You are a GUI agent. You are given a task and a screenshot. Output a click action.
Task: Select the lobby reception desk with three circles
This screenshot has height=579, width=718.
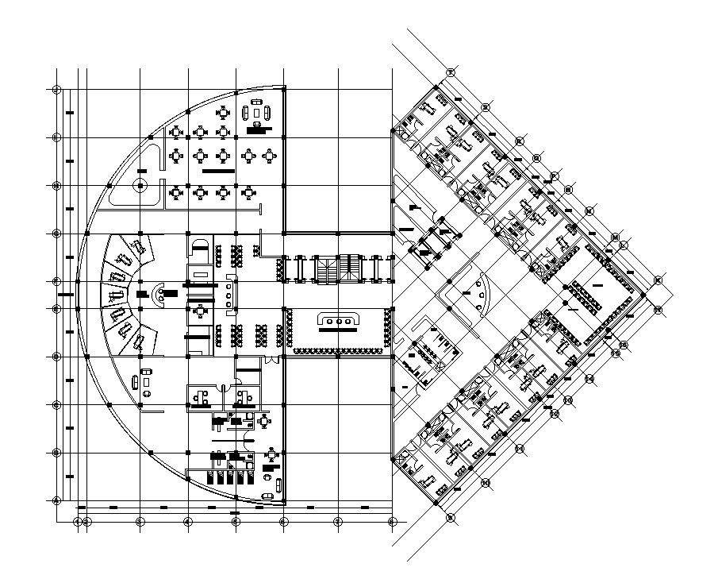[x=340, y=319]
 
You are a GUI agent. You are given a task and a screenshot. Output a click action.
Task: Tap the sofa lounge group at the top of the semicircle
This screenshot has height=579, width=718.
[x=258, y=114]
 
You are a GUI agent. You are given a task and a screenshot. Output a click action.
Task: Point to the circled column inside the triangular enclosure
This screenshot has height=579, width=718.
[x=139, y=187]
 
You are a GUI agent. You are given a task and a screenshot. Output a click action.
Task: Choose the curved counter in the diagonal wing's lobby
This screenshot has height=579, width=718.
[x=480, y=292]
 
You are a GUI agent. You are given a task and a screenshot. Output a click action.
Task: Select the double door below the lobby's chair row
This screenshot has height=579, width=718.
[x=272, y=361]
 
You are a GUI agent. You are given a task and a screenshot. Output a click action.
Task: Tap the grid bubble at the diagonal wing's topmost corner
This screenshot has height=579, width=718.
[x=450, y=73]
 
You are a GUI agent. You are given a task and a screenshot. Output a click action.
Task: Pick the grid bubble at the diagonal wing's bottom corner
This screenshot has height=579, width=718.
[x=450, y=518]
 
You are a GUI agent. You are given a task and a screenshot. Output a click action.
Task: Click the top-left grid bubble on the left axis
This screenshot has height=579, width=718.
[x=56, y=89]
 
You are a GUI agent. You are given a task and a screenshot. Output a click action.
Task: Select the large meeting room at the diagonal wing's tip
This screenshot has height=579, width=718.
[x=595, y=293]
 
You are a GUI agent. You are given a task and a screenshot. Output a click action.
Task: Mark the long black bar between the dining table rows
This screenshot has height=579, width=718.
[x=218, y=171]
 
